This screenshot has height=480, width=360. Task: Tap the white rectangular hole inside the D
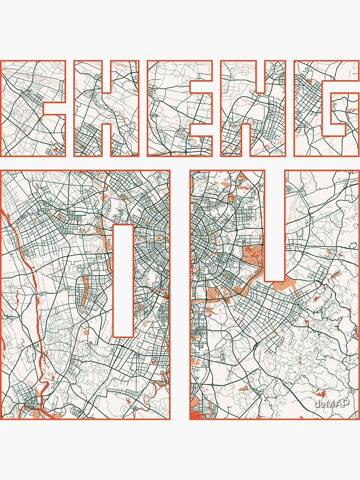tap(122, 281)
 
